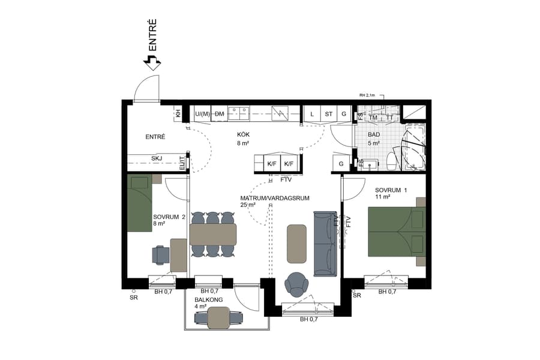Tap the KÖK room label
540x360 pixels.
coord(242,135)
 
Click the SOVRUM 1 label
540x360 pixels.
coord(391,190)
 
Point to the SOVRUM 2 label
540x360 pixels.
coord(169,217)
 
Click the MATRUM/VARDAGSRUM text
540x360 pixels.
coord(274,198)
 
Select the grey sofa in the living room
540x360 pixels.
coord(326,244)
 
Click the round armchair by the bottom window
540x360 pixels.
coord(297,284)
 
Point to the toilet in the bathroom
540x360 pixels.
coord(391,161)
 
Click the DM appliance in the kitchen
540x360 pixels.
coord(220,113)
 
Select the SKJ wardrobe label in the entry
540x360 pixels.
coord(157,158)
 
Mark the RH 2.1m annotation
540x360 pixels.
coord(367,95)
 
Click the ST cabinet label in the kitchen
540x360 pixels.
coord(328,113)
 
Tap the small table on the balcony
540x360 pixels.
coord(220,316)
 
